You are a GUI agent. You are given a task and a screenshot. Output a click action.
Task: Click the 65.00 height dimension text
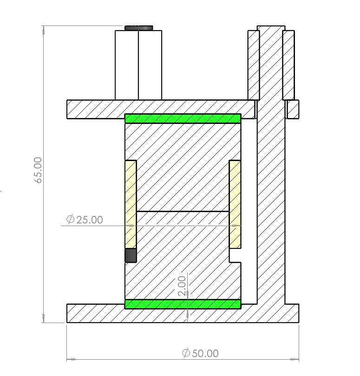pos(39,170)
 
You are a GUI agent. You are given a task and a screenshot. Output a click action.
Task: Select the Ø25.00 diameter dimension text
pos(85,220)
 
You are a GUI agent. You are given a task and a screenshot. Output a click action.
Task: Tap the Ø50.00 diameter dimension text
pos(200,353)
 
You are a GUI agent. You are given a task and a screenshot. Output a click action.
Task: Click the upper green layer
pos(183,118)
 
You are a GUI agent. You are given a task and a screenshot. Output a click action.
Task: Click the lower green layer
pos(183,304)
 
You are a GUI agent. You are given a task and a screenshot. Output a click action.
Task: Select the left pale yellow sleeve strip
pos(131,204)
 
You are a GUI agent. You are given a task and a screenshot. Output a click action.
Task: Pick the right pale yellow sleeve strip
pos(235,204)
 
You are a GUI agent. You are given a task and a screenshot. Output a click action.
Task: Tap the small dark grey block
pos(131,255)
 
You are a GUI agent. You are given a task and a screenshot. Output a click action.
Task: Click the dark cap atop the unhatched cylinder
pos(138,28)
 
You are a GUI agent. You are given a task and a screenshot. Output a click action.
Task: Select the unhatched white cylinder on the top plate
pos(138,65)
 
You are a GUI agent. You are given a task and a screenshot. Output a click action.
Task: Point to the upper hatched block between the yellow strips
pos(183,167)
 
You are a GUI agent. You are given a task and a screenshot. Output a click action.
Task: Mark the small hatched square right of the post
pos(293,110)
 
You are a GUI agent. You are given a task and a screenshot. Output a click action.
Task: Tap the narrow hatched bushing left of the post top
pos(253,65)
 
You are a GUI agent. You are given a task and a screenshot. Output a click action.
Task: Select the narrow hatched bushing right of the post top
pos(288,65)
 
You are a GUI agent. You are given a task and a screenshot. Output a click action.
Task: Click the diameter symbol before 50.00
pos(186,353)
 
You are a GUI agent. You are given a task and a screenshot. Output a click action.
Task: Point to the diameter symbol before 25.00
pos(71,220)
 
